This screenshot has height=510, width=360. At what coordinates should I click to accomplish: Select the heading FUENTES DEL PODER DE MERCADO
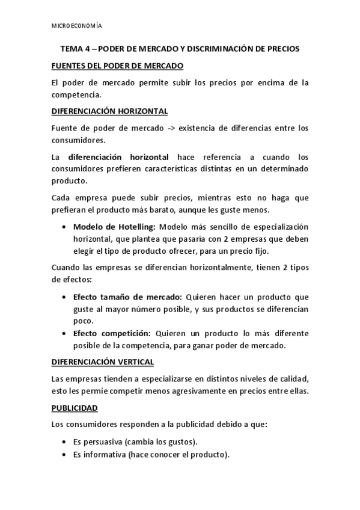point(117,65)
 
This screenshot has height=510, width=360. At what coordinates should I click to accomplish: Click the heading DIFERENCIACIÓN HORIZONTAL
point(109,111)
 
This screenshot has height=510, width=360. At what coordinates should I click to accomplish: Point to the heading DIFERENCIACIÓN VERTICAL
point(103,361)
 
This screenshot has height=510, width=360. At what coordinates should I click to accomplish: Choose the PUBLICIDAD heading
point(75,408)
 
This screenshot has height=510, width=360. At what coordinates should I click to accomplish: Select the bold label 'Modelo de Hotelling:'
point(114,226)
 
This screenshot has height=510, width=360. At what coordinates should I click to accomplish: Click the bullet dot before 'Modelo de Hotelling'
point(64,227)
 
